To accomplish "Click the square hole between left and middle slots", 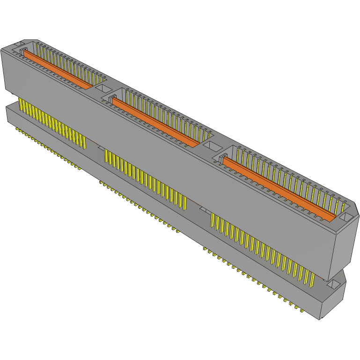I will click(x=101, y=87).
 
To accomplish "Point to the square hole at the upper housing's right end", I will click(x=346, y=217).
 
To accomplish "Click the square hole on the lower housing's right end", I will click(x=335, y=284).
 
